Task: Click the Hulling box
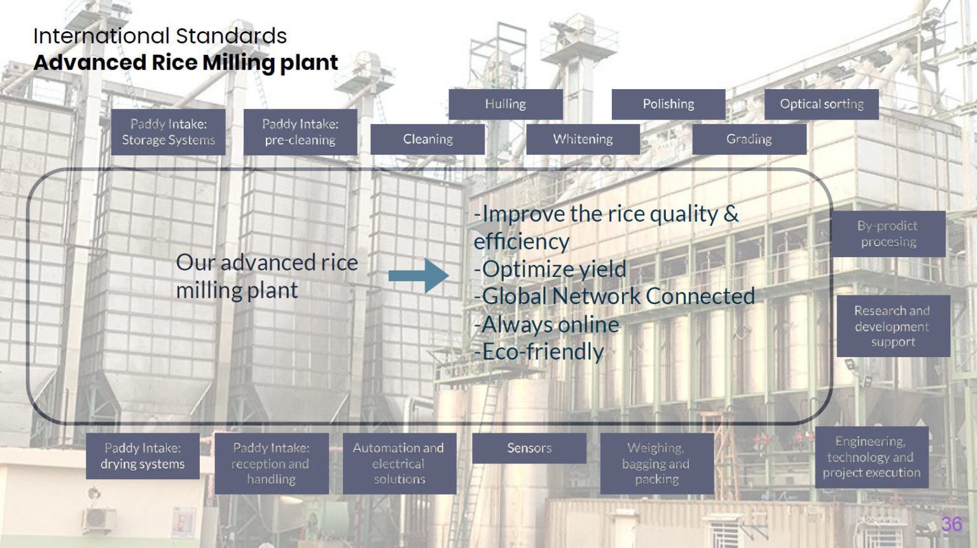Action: click(506, 104)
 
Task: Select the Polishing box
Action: click(669, 104)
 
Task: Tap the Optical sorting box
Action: click(822, 104)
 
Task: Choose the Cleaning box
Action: click(427, 139)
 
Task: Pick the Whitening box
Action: click(583, 139)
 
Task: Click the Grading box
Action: click(749, 139)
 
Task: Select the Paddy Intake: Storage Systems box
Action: click(169, 132)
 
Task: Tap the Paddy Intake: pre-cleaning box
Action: click(300, 132)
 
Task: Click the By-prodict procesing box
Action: click(889, 234)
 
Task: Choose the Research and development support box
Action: click(893, 326)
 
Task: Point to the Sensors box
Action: click(529, 448)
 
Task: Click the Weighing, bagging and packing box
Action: click(657, 463)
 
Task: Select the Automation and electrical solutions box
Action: click(399, 463)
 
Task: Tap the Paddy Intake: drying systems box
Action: click(142, 456)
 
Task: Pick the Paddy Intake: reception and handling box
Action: click(272, 463)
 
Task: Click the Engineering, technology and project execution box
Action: click(872, 457)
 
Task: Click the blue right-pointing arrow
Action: click(419, 276)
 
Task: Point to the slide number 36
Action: click(952, 524)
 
